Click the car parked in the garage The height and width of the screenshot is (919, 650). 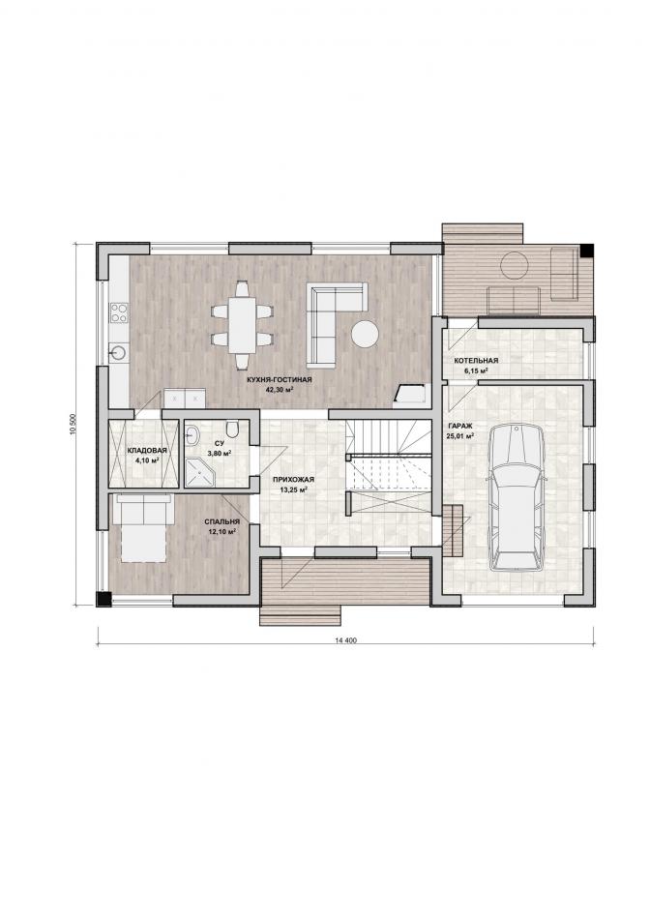pos(517,497)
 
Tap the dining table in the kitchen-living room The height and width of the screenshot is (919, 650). pos(242,325)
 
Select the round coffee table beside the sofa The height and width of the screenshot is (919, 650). pos(365,334)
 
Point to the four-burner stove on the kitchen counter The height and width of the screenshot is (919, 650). pos(119,312)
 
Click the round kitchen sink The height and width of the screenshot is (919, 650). pos(117,352)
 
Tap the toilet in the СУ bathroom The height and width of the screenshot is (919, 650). pos(233,430)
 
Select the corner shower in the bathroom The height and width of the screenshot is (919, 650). pos(200,472)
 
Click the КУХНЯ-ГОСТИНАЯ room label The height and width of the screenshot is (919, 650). pos(280,380)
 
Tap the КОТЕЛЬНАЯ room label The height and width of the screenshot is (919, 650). pos(476,361)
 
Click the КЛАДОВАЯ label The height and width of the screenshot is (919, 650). pos(147,451)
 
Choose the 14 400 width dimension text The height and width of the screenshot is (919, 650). pos(346,640)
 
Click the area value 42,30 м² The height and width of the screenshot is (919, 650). pos(280,389)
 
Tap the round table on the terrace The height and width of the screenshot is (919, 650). pos(515,265)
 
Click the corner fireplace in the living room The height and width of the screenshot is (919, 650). pos(410,395)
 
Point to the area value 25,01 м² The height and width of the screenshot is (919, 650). pos(460,435)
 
